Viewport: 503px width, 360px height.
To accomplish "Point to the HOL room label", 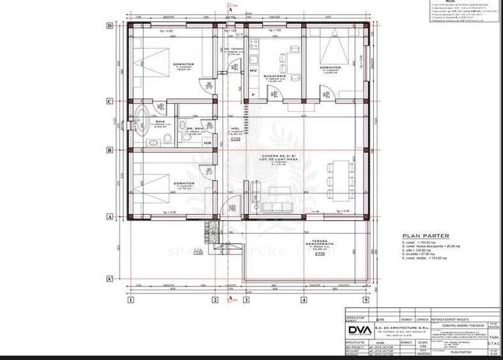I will (x=235, y=128).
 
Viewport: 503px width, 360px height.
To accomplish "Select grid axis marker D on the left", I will (x=109, y=26).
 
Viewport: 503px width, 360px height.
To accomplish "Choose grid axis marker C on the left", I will (x=109, y=101).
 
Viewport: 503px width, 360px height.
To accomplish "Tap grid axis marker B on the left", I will (x=109, y=151).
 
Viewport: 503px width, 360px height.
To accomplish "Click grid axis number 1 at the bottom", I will (x=130, y=299).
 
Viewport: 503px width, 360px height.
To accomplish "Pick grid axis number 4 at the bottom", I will (x=304, y=299).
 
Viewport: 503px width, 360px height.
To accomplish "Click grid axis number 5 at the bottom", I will (x=366, y=299).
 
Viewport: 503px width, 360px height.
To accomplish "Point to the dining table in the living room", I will (x=340, y=180).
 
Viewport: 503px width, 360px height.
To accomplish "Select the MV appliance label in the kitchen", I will (x=252, y=70).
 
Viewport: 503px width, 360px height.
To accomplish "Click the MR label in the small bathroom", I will (x=208, y=144).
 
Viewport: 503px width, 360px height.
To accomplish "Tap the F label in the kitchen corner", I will (x=253, y=95).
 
